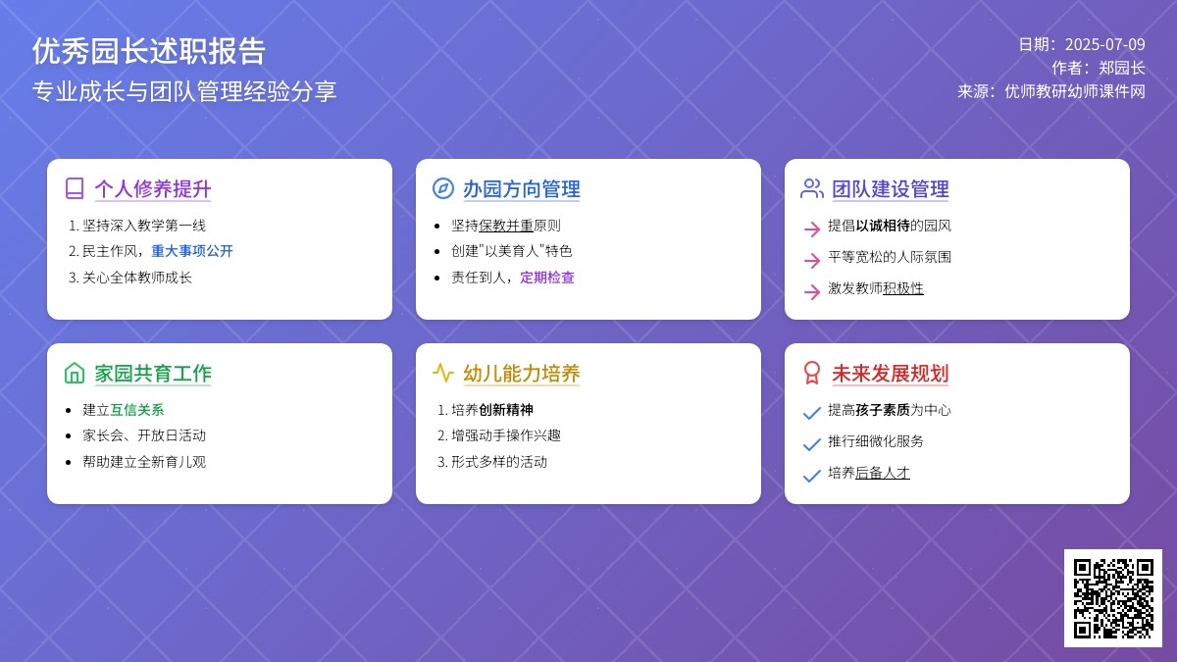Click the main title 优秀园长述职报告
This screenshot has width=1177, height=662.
149,51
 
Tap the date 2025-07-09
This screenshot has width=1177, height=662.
1105,45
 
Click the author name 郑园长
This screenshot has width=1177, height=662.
1122,68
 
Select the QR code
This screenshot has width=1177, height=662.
1113,598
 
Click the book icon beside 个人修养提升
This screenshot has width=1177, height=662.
75,188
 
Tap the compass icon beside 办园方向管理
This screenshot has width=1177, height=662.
443,188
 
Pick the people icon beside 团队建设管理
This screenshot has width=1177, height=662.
812,188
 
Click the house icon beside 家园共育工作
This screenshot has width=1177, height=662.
75,373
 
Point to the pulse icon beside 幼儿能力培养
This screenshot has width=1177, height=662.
443,373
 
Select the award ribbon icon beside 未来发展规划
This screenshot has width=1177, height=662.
812,373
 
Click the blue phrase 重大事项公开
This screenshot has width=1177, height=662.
192,251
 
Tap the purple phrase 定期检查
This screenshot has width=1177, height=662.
547,278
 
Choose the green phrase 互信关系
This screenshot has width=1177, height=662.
137,410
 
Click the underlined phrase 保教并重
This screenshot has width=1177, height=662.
506,226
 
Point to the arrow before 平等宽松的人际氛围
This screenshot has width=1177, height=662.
812,260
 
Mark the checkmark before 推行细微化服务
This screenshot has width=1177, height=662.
812,444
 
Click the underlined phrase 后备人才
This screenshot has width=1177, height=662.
883,473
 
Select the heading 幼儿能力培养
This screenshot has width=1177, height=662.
521,374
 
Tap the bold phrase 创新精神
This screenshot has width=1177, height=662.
506,410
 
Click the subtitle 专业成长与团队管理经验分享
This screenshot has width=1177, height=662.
184,91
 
